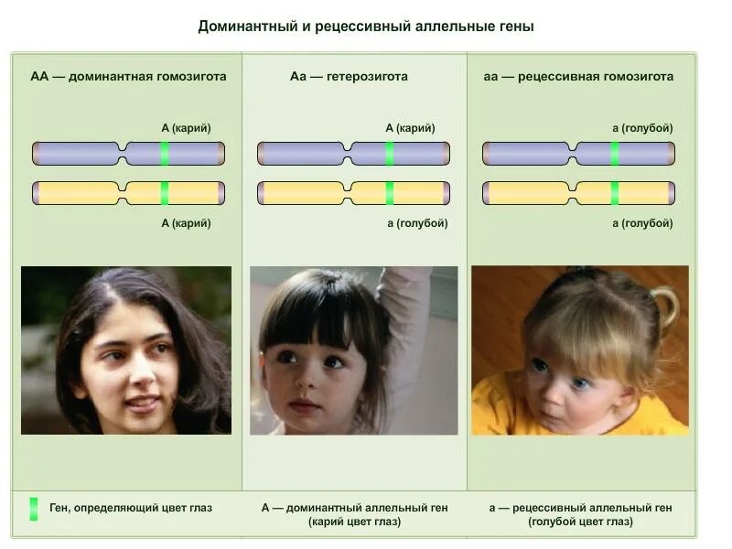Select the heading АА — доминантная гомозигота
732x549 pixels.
[128, 77]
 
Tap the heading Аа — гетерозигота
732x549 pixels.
[349, 77]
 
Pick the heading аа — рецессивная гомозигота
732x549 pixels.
[578, 77]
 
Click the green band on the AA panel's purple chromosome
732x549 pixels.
[165, 153]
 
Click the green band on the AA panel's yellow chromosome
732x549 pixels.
[165, 193]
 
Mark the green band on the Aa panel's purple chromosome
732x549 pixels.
[389, 153]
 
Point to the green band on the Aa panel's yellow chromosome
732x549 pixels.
[389, 193]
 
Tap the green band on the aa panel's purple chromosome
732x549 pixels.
[615, 153]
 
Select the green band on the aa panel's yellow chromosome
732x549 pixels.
[615, 193]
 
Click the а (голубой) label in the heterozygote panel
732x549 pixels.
[417, 223]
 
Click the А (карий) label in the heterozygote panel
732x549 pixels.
[410, 128]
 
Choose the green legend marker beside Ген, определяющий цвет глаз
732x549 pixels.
[34, 509]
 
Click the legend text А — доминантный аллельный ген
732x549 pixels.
[354, 508]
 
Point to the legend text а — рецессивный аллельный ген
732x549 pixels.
[580, 508]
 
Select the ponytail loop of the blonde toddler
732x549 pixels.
[665, 307]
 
